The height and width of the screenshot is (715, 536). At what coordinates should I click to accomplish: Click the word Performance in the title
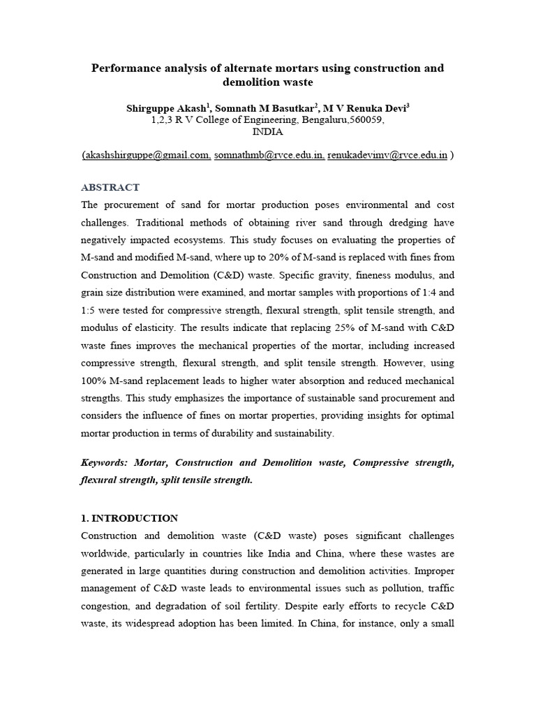tap(125, 68)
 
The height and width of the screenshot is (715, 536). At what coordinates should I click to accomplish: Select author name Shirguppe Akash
tap(166, 108)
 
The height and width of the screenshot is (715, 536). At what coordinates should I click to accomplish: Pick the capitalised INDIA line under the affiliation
tap(267, 131)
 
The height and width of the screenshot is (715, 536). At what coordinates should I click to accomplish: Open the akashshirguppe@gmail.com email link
tap(147, 155)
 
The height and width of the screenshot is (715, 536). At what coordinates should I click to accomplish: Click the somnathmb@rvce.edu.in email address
tap(269, 155)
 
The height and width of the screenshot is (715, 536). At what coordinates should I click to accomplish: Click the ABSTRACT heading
tap(110, 188)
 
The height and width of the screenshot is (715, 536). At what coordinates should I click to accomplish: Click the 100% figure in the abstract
tap(95, 380)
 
